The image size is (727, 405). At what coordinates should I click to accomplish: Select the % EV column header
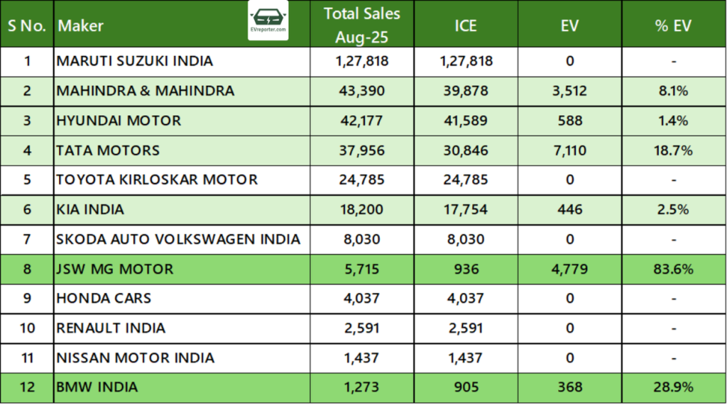point(673,26)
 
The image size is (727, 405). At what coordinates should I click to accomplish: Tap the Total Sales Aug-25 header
point(362,26)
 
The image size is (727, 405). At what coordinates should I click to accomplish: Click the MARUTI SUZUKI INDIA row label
point(135,61)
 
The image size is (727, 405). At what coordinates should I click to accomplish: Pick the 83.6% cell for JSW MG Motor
point(673,270)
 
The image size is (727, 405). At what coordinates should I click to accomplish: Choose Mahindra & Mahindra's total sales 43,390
point(362,91)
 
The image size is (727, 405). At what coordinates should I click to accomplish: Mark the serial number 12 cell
point(27,387)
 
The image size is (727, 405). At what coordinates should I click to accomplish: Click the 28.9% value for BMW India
point(673,387)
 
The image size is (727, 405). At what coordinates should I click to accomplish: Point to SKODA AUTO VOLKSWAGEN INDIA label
point(178,240)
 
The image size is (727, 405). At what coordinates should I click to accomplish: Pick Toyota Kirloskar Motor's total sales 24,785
point(362,180)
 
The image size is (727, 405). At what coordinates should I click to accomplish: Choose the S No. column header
point(27,26)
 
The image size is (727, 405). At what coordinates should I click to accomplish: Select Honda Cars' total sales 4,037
point(362,299)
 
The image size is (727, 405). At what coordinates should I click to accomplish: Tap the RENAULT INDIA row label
point(111,328)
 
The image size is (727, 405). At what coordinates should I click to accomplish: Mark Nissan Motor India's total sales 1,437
point(362,357)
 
